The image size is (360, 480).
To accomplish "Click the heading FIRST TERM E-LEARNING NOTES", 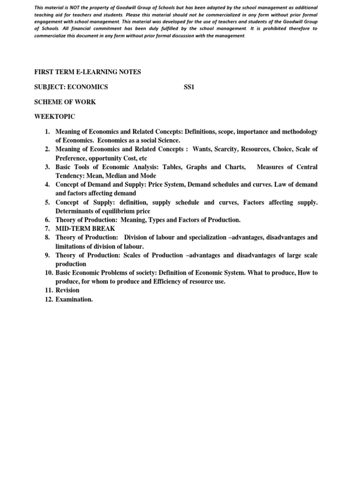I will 88,72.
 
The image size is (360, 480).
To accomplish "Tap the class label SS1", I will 189,87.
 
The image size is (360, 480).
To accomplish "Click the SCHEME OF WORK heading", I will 65,102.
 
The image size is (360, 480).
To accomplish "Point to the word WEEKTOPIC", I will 54,116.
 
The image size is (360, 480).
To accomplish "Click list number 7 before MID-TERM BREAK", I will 47,229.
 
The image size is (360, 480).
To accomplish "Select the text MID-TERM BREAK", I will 85,229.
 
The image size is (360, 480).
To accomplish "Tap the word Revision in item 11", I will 67,290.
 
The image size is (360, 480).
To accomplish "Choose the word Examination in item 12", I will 74,300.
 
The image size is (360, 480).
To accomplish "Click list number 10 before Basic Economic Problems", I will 49,273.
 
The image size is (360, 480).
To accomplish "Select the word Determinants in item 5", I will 74,211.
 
